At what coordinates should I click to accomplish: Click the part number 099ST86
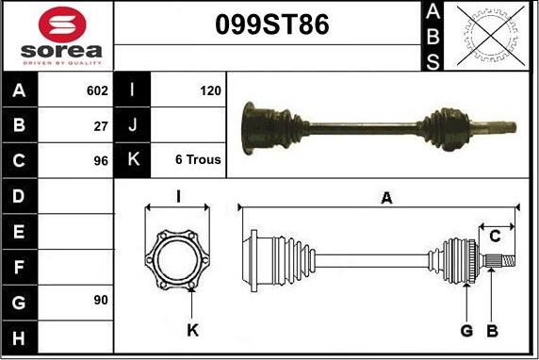[272, 25]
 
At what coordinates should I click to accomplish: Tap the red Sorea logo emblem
[62, 25]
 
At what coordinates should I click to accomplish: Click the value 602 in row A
[97, 90]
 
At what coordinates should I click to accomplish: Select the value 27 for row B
[101, 126]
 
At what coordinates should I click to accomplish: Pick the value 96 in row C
[101, 161]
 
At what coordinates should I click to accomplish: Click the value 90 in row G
[101, 301]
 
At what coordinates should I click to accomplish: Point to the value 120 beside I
[210, 90]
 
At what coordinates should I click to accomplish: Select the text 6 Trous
[198, 159]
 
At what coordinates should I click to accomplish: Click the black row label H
[19, 338]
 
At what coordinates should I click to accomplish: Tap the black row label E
[19, 232]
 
